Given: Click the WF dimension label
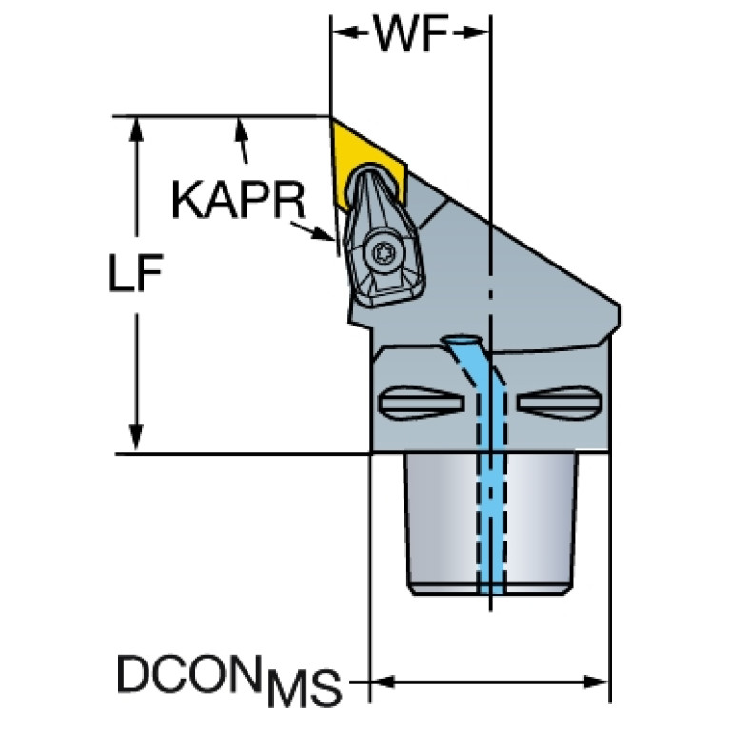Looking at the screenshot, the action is click(x=411, y=33).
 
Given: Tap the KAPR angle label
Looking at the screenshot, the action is click(x=238, y=200).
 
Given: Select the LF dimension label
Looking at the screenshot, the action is click(x=135, y=273).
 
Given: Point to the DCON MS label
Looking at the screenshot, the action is click(x=228, y=679).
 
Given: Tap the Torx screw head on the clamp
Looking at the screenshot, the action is click(x=385, y=254).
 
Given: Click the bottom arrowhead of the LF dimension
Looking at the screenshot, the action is click(x=136, y=439).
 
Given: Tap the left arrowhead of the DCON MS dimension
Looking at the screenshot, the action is click(x=383, y=682).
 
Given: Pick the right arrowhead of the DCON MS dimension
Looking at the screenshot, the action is click(x=597, y=682).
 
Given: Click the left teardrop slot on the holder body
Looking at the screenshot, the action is click(x=422, y=403).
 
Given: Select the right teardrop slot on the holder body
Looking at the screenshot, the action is click(x=560, y=403).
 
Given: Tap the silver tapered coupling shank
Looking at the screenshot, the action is click(x=491, y=523).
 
